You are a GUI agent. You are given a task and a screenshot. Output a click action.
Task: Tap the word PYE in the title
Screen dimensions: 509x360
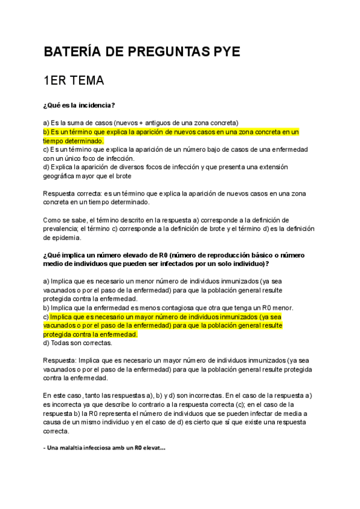pos(223,52)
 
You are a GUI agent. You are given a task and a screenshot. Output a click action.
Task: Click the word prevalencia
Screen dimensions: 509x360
pos(63,229)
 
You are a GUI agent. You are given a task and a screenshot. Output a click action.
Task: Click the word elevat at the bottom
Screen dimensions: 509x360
pos(154,448)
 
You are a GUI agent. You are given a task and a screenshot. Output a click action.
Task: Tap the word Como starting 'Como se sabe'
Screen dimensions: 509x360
pos(53,220)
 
